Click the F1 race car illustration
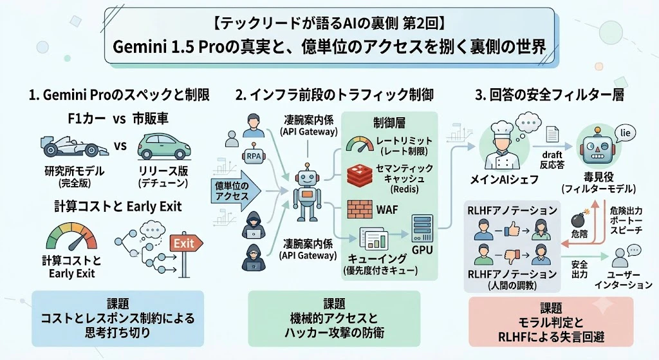click(74, 146)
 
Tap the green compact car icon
click(164, 147)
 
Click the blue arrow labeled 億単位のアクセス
click(236, 191)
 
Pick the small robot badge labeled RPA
click(254, 155)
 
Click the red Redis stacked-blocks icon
click(360, 175)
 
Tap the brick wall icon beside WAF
click(360, 209)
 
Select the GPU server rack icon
click(422, 229)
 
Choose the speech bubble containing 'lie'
click(625, 134)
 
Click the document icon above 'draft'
click(552, 135)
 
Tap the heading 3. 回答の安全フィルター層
click(550, 95)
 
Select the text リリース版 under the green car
click(163, 171)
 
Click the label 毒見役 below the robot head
click(599, 176)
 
